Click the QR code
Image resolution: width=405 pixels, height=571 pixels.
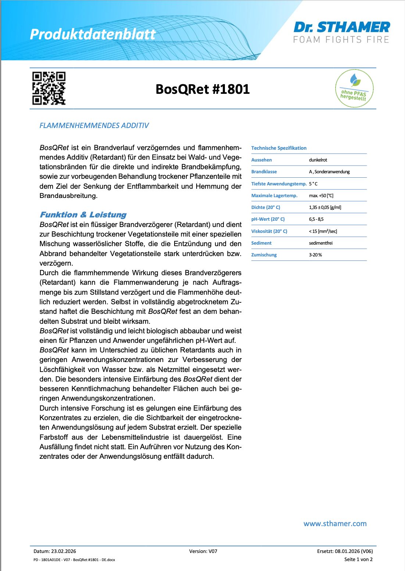click(49, 88)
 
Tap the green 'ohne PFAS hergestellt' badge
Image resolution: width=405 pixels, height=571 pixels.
click(354, 89)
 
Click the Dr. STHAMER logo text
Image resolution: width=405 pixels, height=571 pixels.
click(342, 27)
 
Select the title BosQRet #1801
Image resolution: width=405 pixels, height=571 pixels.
click(202, 89)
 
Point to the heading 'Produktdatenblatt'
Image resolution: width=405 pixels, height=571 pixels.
click(93, 34)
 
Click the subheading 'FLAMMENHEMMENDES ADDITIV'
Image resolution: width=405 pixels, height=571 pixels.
click(94, 125)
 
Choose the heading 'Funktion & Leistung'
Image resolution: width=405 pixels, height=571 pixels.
click(83, 214)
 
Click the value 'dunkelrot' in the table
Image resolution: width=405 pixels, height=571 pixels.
click(318, 160)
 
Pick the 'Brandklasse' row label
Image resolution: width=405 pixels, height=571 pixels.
click(264, 172)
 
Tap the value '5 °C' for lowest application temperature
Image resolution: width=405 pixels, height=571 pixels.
click(313, 184)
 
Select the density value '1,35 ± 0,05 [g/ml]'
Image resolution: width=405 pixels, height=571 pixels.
click(325, 208)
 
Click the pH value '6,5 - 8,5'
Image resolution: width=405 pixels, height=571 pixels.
click(316, 219)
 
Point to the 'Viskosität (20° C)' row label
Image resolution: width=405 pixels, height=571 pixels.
click(269, 231)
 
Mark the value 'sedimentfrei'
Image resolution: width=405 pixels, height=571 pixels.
click(320, 243)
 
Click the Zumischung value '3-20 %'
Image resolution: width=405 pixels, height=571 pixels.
click(315, 255)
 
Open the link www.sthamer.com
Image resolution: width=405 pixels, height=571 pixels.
click(335, 524)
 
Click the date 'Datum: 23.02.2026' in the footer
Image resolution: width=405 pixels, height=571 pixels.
click(55, 551)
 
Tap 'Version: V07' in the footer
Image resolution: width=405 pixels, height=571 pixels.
click(203, 551)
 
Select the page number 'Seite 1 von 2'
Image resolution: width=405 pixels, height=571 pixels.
click(358, 559)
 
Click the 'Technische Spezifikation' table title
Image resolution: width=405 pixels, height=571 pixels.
click(279, 148)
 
